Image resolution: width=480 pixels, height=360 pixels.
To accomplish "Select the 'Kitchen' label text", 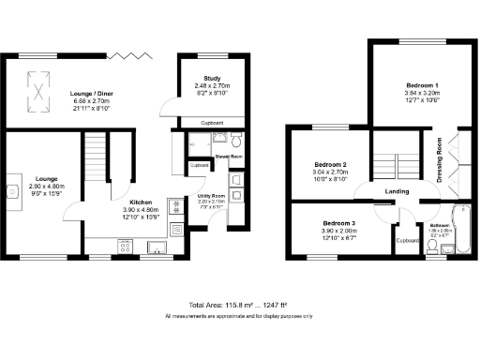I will click(x=142, y=202).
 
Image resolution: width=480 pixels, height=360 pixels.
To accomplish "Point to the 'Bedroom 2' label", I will click(x=329, y=164).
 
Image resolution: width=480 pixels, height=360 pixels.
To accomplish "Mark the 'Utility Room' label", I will click(x=211, y=196).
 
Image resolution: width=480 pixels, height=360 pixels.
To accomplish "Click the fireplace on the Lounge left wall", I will click(x=12, y=191).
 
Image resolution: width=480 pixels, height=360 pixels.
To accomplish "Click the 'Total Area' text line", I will click(x=239, y=306).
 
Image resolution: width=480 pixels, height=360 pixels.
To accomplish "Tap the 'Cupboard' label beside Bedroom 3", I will click(x=406, y=240).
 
